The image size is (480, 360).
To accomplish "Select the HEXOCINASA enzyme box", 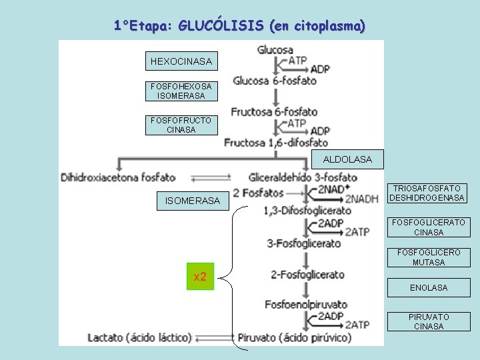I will tap(181, 61).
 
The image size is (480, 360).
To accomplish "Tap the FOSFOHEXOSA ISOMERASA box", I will tap(181, 91).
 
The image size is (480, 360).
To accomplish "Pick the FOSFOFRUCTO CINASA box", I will tap(181, 125).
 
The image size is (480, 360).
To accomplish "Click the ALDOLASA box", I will tap(347, 159).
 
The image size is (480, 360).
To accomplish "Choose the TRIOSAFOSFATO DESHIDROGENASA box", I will tap(428, 193).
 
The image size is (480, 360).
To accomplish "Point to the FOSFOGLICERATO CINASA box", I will tap(428, 227).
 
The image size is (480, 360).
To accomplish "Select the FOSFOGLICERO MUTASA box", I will tap(428, 257).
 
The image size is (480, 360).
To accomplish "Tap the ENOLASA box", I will tap(428, 288).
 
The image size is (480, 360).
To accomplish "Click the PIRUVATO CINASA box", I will tap(428, 321).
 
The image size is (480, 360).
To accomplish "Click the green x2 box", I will tap(200, 277).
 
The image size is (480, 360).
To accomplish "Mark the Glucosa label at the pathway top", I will tap(275, 50).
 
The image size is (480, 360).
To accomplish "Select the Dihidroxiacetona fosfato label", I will tap(118, 177).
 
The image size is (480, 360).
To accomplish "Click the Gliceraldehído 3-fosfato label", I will tap(303, 177).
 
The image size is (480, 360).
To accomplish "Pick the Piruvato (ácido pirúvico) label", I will tap(294, 338).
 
